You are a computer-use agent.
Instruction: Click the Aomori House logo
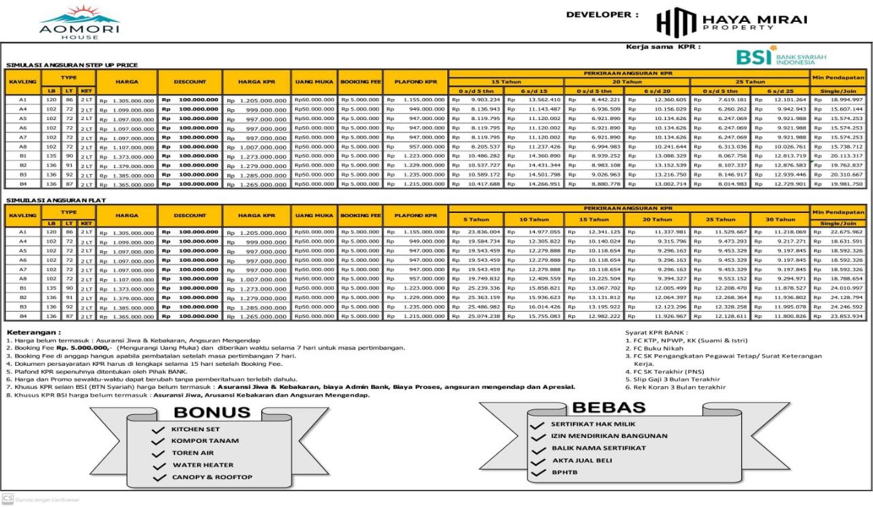79,22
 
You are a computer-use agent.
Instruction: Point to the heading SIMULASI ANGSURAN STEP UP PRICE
72,65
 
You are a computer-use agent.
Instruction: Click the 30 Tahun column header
780,220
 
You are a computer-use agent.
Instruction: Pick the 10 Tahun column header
534,220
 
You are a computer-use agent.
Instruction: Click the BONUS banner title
211,412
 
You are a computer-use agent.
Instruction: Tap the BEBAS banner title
608,407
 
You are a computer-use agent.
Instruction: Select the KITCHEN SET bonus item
195,430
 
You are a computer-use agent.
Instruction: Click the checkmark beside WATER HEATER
158,466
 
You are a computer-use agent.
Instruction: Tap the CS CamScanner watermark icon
8,499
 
